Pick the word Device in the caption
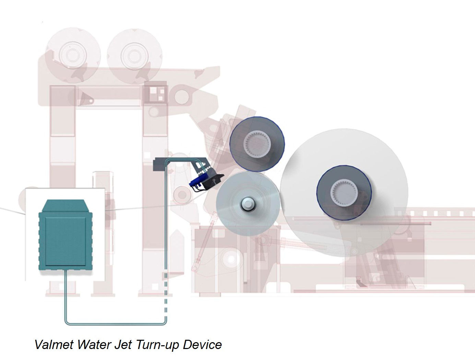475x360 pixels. (x=202, y=344)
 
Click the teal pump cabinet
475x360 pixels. (x=65, y=239)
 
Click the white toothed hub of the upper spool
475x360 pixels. (x=257, y=143)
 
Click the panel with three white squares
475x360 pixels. (x=157, y=93)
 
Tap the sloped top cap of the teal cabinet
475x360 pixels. (x=65, y=206)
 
